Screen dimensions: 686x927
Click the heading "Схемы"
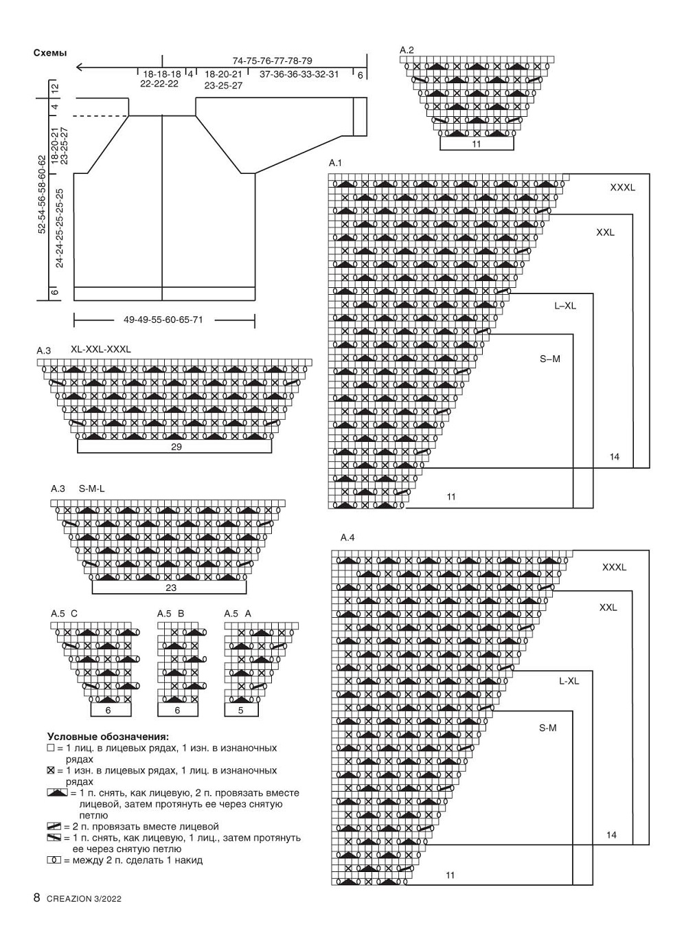pyautogui.click(x=50, y=53)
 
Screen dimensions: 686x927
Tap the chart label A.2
pyautogui.click(x=407, y=50)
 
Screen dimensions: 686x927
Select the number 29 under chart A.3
pyautogui.click(x=176, y=447)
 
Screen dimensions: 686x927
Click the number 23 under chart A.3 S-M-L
pyautogui.click(x=171, y=588)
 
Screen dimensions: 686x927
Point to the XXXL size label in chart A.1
pyautogui.click(x=623, y=188)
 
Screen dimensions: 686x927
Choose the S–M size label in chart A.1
pyautogui.click(x=550, y=359)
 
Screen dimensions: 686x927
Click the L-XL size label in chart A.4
pyautogui.click(x=569, y=681)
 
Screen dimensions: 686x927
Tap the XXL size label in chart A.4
pyautogui.click(x=608, y=607)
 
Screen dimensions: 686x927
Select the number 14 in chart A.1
pyautogui.click(x=614, y=457)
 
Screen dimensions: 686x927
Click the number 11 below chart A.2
pyautogui.click(x=477, y=144)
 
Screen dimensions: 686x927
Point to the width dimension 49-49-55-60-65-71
pyautogui.click(x=163, y=320)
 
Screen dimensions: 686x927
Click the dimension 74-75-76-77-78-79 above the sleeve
pyautogui.click(x=273, y=61)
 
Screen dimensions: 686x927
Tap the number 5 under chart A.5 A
pyautogui.click(x=240, y=710)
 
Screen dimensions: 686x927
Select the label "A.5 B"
pyautogui.click(x=170, y=614)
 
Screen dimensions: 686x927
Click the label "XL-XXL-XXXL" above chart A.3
pyautogui.click(x=101, y=349)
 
